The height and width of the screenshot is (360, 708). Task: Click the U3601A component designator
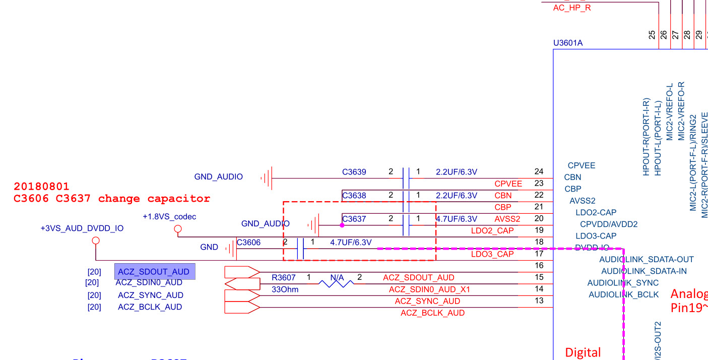coord(568,43)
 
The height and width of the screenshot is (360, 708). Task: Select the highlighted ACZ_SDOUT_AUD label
coord(154,272)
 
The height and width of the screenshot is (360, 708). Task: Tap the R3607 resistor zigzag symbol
coord(336,283)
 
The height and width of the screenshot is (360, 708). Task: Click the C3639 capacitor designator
coord(354,172)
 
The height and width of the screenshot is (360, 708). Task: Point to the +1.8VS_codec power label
coord(169,217)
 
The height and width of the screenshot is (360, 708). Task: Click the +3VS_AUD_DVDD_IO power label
coord(82,228)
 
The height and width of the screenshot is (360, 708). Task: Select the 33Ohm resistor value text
coord(285,289)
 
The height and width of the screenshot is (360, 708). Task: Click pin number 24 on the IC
coord(539,172)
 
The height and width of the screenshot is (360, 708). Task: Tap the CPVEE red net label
coord(508,184)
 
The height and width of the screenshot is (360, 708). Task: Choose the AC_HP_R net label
coord(572,8)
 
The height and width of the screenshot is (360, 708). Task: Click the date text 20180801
coord(41,187)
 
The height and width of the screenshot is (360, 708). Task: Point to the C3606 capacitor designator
coord(249,243)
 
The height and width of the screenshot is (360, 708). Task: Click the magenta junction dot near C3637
coord(342,225)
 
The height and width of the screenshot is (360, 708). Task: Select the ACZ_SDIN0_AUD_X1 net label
coord(429,289)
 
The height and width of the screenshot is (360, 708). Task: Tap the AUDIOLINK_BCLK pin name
coord(623,294)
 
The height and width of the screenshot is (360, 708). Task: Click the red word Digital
coord(583,352)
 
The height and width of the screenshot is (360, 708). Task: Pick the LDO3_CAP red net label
coord(492,254)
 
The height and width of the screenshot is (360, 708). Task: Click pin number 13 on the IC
coord(539,301)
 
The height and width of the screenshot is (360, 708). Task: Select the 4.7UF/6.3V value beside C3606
coord(351,243)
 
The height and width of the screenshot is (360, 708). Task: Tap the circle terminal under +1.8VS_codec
coord(177,229)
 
